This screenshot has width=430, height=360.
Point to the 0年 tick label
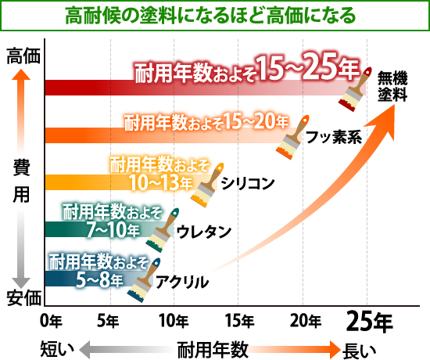tap(50, 321)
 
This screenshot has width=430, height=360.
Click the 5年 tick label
tap(108, 321)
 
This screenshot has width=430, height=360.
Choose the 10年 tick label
tap(173, 321)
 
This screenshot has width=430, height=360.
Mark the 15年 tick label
tap(238, 321)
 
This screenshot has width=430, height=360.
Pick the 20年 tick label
tap(304, 321)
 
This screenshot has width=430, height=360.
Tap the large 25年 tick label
tap(370, 321)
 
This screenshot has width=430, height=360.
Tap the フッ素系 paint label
tap(332, 138)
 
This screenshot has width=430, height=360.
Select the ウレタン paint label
tap(202, 231)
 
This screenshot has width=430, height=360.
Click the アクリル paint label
tap(181, 280)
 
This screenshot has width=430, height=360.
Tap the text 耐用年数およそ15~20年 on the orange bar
tap(206, 121)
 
